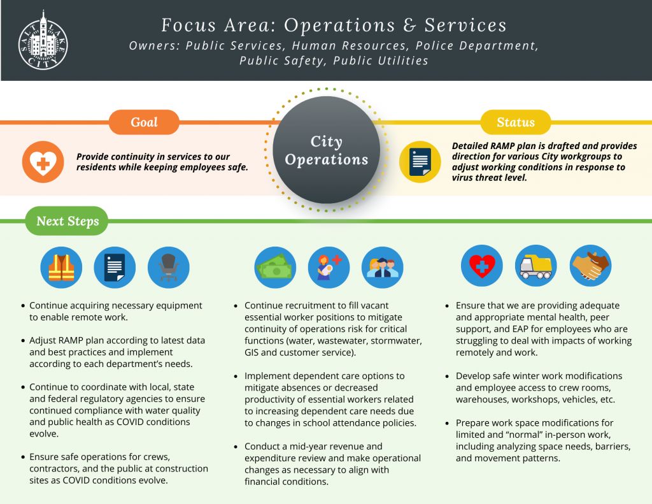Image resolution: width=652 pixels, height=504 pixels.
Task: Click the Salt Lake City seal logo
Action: click(x=43, y=41)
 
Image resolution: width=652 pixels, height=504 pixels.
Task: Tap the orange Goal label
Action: click(x=144, y=122)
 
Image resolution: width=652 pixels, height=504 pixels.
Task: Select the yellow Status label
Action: click(x=516, y=122)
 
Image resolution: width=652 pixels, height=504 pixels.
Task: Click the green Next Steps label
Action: click(x=67, y=220)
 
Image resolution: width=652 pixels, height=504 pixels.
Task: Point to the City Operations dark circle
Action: click(x=327, y=150)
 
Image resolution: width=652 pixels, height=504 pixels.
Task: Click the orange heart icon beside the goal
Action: click(x=43, y=162)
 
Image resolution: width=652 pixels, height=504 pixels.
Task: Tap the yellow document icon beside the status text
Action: click(x=420, y=162)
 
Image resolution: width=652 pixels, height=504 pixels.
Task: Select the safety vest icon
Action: click(x=61, y=267)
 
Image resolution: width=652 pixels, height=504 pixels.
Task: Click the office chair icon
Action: click(x=168, y=267)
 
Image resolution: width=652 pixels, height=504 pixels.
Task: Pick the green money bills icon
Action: click(x=275, y=267)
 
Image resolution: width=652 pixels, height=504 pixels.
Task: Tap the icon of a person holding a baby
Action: click(x=329, y=267)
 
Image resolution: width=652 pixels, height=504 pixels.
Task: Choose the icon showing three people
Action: click(x=383, y=267)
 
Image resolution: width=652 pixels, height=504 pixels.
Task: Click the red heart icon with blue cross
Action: click(x=482, y=266)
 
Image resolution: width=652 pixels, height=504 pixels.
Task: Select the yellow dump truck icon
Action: click(x=536, y=266)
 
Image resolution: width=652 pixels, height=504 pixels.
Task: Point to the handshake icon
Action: click(x=590, y=266)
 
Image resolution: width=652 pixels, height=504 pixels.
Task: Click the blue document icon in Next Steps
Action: click(x=115, y=267)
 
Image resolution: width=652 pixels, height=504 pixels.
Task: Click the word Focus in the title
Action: click(x=188, y=25)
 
